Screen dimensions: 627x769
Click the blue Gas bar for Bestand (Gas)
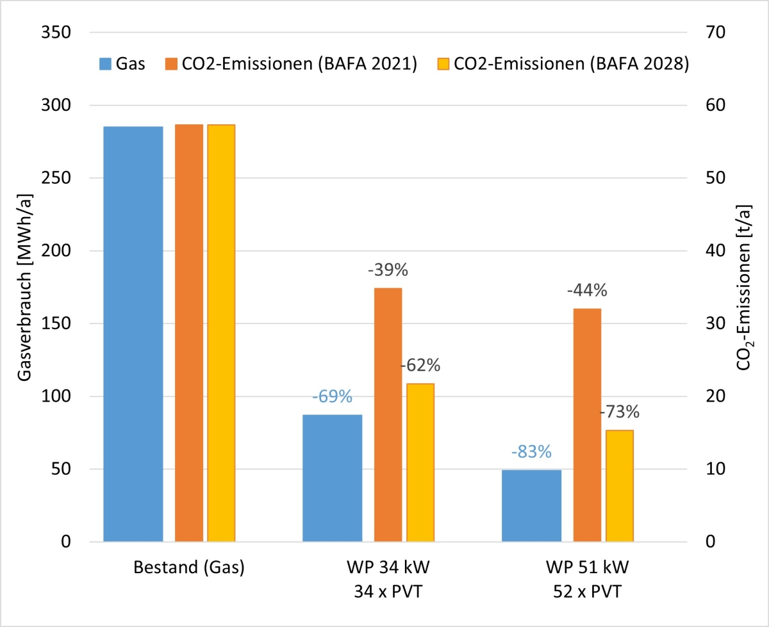tap(133, 334)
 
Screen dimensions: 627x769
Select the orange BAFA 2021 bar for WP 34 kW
tap(388, 415)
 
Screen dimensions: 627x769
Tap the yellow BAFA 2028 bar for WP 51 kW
tap(620, 486)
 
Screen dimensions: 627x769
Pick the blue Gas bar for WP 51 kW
tap(531, 506)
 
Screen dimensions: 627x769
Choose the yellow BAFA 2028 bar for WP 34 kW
tap(420, 462)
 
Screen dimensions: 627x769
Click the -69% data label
tap(332, 397)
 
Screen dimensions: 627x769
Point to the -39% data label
tap(388, 270)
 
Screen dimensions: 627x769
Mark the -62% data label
tap(420, 366)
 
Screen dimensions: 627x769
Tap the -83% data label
tap(531, 452)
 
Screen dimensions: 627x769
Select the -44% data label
tap(587, 291)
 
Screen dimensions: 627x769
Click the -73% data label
tap(620, 412)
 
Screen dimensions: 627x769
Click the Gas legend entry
tap(122, 64)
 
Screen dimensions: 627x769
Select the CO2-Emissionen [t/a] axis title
tap(745, 288)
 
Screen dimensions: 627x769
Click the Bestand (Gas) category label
tap(189, 568)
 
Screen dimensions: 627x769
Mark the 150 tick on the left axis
tap(57, 323)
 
